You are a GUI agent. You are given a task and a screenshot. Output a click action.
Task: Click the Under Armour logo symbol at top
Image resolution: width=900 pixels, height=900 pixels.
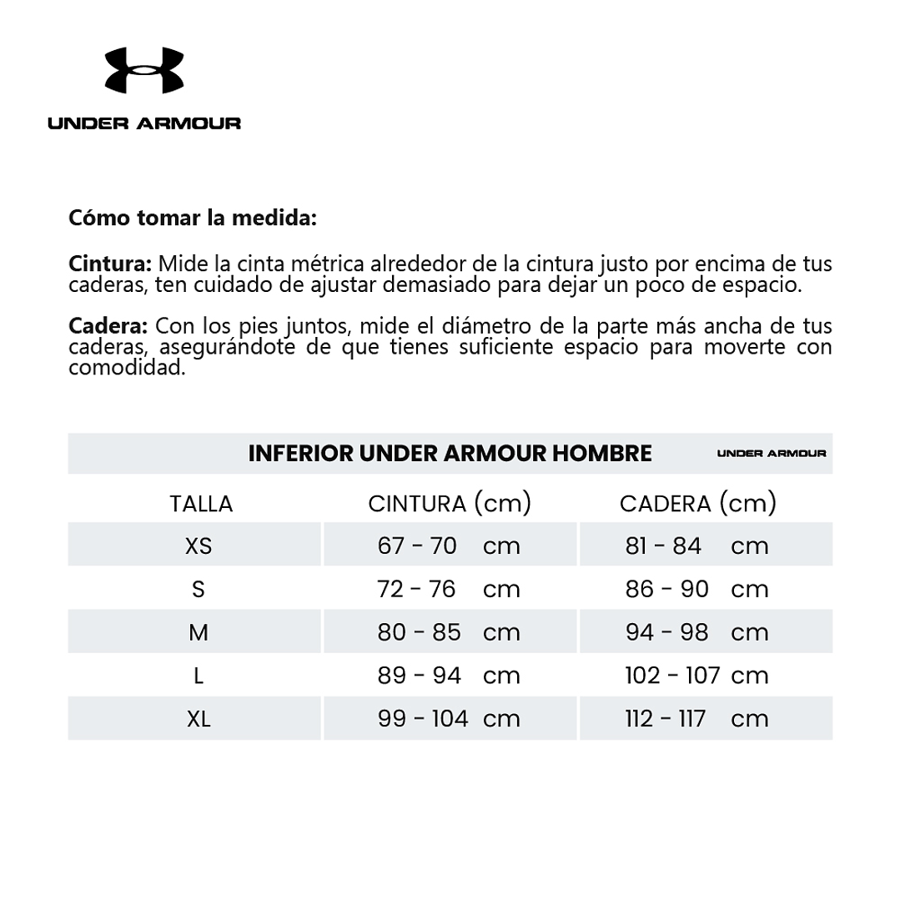tap(143, 71)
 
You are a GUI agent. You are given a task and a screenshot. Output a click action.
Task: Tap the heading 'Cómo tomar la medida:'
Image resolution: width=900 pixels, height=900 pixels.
tap(193, 219)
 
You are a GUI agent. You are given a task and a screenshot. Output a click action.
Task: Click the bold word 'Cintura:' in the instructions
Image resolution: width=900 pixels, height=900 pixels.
tap(110, 264)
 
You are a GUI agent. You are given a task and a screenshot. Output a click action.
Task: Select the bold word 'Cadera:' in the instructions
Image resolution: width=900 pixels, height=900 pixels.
tap(108, 326)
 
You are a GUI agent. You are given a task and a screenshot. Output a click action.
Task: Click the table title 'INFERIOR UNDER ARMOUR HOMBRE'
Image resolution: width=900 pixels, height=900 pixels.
tap(450, 453)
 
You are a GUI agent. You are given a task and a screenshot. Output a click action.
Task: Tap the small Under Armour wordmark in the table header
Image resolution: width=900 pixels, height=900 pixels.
tap(772, 453)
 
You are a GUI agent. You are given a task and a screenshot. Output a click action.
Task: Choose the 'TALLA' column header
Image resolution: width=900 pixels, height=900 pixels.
tap(201, 504)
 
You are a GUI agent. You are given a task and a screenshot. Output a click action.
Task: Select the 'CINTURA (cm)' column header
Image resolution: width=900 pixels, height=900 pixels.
tap(450, 503)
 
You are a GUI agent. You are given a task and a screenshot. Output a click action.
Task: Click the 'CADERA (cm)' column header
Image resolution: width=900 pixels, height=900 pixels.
tap(698, 503)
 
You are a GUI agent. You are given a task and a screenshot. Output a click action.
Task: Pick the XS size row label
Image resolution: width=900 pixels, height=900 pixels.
tap(199, 546)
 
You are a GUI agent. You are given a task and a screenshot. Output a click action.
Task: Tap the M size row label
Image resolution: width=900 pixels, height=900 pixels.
tap(199, 632)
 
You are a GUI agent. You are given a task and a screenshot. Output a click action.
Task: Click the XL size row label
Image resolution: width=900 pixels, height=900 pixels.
tap(199, 719)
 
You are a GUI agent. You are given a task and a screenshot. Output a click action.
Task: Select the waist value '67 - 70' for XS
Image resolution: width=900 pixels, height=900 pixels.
tap(417, 546)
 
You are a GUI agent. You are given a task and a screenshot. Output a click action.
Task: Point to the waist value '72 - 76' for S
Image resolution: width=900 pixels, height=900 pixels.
tap(417, 590)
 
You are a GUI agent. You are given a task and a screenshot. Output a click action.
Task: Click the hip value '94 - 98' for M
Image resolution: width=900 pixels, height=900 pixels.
tap(666, 632)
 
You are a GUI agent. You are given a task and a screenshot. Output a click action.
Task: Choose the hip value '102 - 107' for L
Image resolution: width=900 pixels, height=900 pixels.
tap(672, 676)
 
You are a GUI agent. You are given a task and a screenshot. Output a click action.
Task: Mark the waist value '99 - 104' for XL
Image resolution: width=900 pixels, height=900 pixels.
tap(423, 719)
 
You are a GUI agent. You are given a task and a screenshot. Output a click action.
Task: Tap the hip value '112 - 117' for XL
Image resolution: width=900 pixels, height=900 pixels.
tap(666, 719)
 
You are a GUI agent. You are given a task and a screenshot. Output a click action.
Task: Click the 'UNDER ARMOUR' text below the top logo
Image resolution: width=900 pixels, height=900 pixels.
tap(144, 123)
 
